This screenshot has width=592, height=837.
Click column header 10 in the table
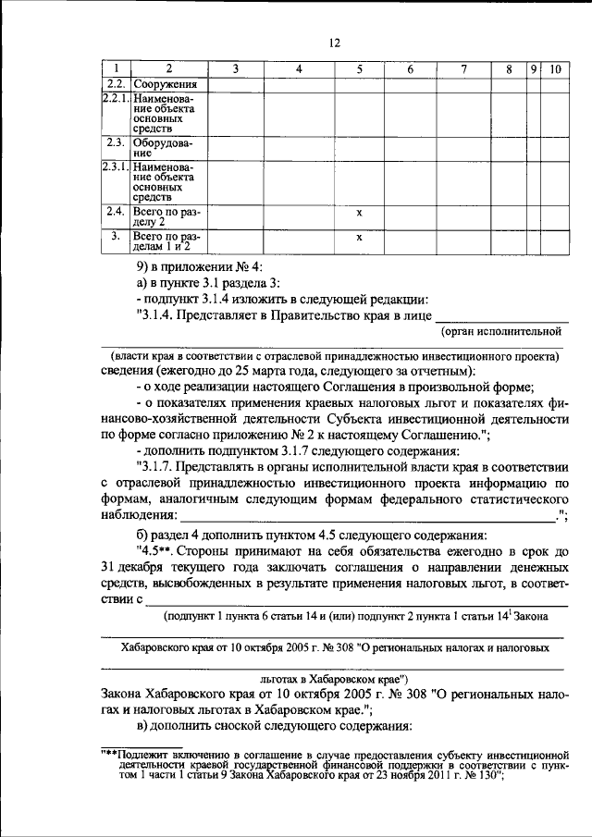(x=555, y=69)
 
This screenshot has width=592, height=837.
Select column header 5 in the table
(x=359, y=69)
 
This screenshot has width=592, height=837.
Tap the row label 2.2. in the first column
(x=116, y=84)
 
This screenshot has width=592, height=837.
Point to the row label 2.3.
(x=116, y=142)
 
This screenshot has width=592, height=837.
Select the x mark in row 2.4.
(x=359, y=213)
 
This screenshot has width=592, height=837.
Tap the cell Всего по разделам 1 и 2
(x=166, y=241)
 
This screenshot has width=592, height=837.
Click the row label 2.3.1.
(x=116, y=166)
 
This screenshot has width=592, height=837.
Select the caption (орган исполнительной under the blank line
(x=503, y=331)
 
